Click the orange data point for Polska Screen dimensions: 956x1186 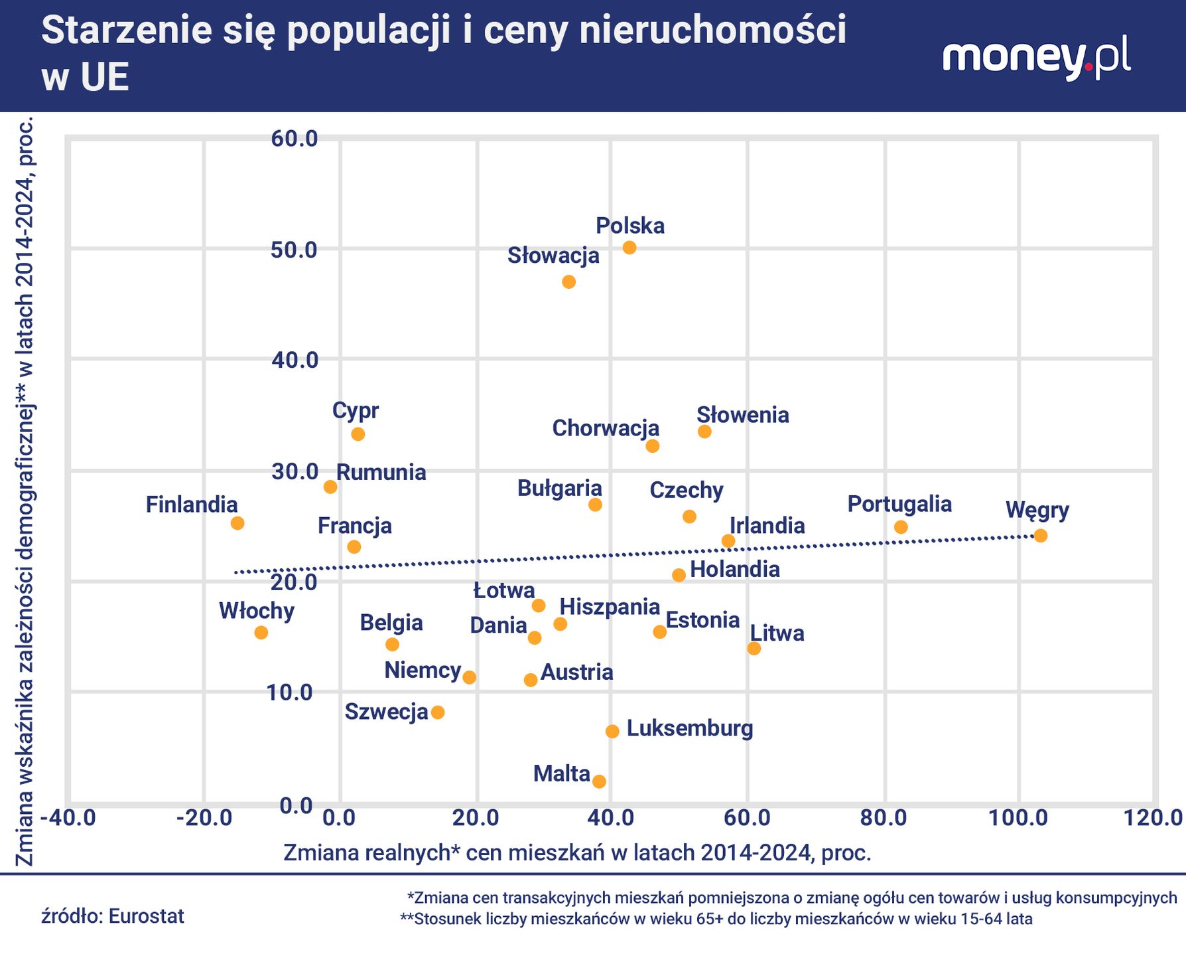tap(629, 248)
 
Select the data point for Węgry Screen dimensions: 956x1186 tap(1040, 536)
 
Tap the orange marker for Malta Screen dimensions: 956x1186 tap(599, 781)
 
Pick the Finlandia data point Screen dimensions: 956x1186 tap(237, 523)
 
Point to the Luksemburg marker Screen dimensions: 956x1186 tap(612, 732)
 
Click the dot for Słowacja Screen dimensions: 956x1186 tap(568, 282)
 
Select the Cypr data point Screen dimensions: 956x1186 tap(358, 434)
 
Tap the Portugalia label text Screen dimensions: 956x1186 tap(899, 504)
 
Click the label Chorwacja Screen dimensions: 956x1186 tap(606, 428)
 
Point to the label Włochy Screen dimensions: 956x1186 tap(257, 610)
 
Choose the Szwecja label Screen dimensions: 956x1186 tap(387, 712)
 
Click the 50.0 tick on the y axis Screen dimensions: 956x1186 tap(295, 250)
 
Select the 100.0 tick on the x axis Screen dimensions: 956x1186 tap(1019, 818)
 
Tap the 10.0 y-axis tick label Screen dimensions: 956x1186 tap(289, 692)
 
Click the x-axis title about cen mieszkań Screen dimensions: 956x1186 tap(577, 852)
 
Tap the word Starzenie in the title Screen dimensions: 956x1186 tap(119, 32)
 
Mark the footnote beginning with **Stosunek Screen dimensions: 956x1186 tap(716, 919)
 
